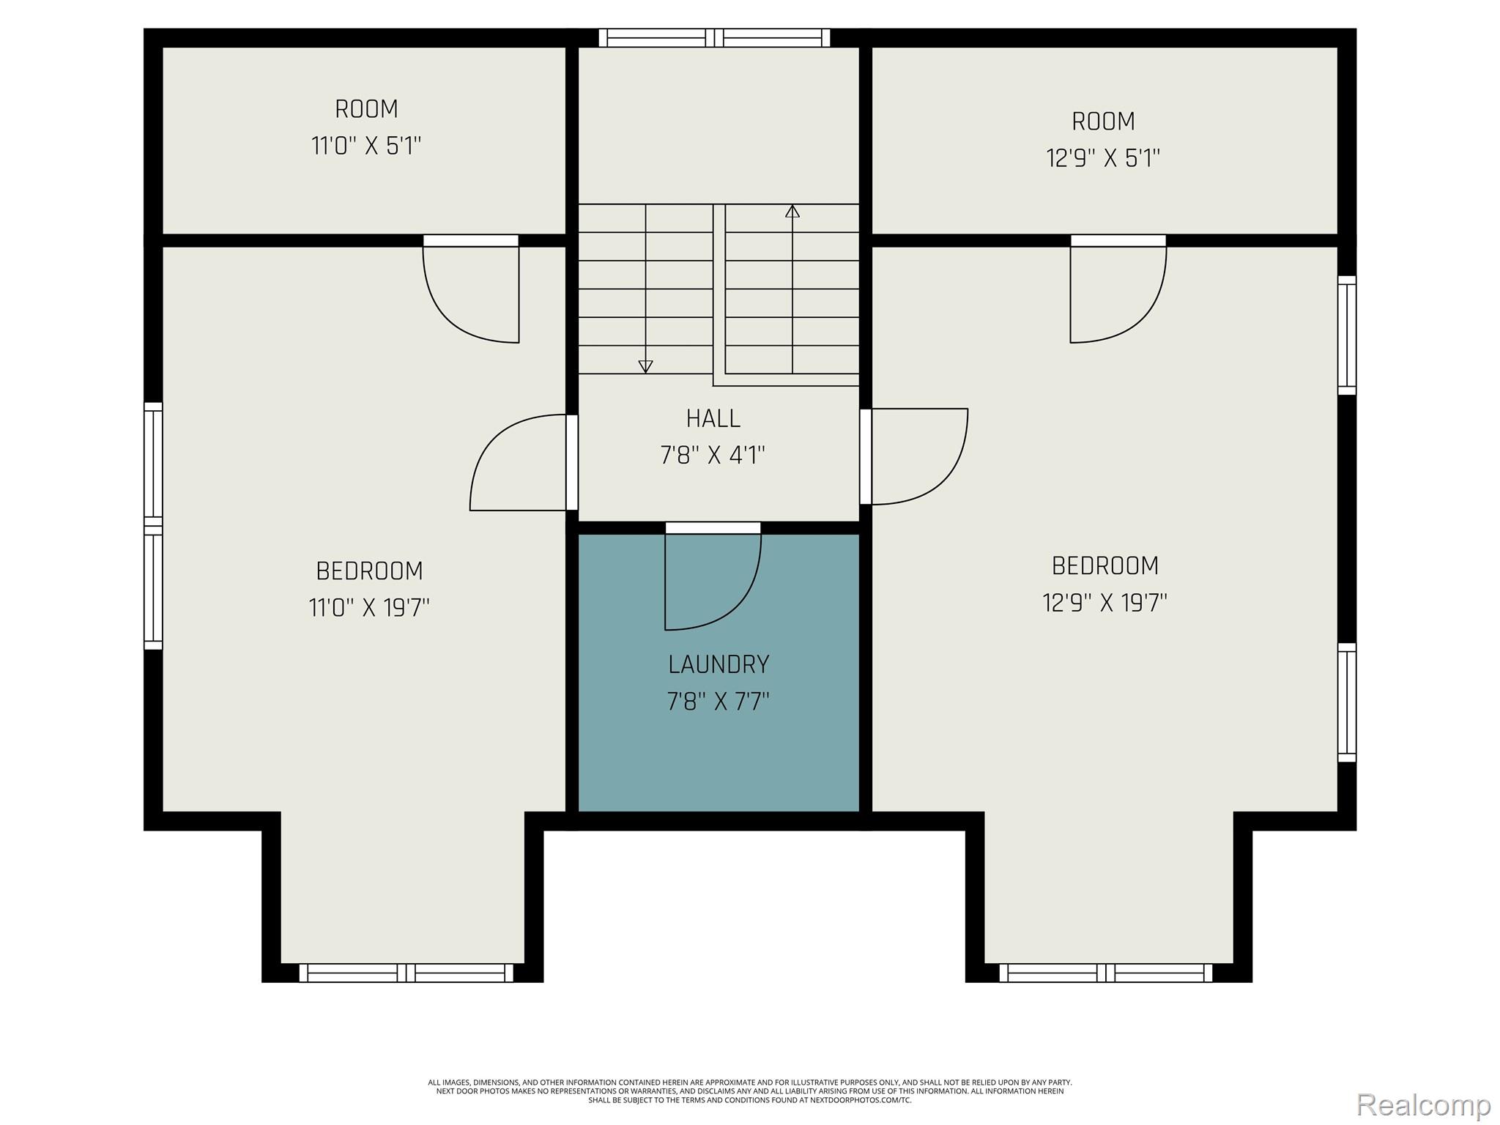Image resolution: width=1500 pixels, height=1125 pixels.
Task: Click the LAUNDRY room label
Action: [x=719, y=664]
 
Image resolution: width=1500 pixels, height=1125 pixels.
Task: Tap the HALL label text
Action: [x=713, y=418]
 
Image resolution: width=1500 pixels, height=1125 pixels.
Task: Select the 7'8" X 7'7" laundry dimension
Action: [x=719, y=702]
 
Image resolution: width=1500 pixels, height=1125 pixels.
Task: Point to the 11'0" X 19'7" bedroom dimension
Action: [x=369, y=607]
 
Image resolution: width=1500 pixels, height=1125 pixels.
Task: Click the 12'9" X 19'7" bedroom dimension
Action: [x=1104, y=602]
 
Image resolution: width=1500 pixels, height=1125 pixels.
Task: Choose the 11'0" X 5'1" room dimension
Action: [x=366, y=146]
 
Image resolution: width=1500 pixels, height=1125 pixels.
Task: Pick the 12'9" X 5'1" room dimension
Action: [x=1103, y=157]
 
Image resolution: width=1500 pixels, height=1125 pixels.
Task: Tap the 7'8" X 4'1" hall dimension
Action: [x=713, y=456]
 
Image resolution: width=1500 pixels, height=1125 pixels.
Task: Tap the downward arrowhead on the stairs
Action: [x=645, y=366]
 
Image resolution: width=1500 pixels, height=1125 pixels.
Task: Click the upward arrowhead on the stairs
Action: [x=792, y=211]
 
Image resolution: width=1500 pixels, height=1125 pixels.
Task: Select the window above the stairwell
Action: [x=714, y=38]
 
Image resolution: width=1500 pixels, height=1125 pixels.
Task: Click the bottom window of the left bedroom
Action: [x=406, y=973]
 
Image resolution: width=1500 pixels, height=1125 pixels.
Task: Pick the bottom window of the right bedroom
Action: [x=1105, y=973]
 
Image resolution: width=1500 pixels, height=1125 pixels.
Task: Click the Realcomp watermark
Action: [x=1423, y=1104]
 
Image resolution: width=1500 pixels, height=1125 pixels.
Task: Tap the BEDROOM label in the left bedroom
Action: [x=369, y=571]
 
